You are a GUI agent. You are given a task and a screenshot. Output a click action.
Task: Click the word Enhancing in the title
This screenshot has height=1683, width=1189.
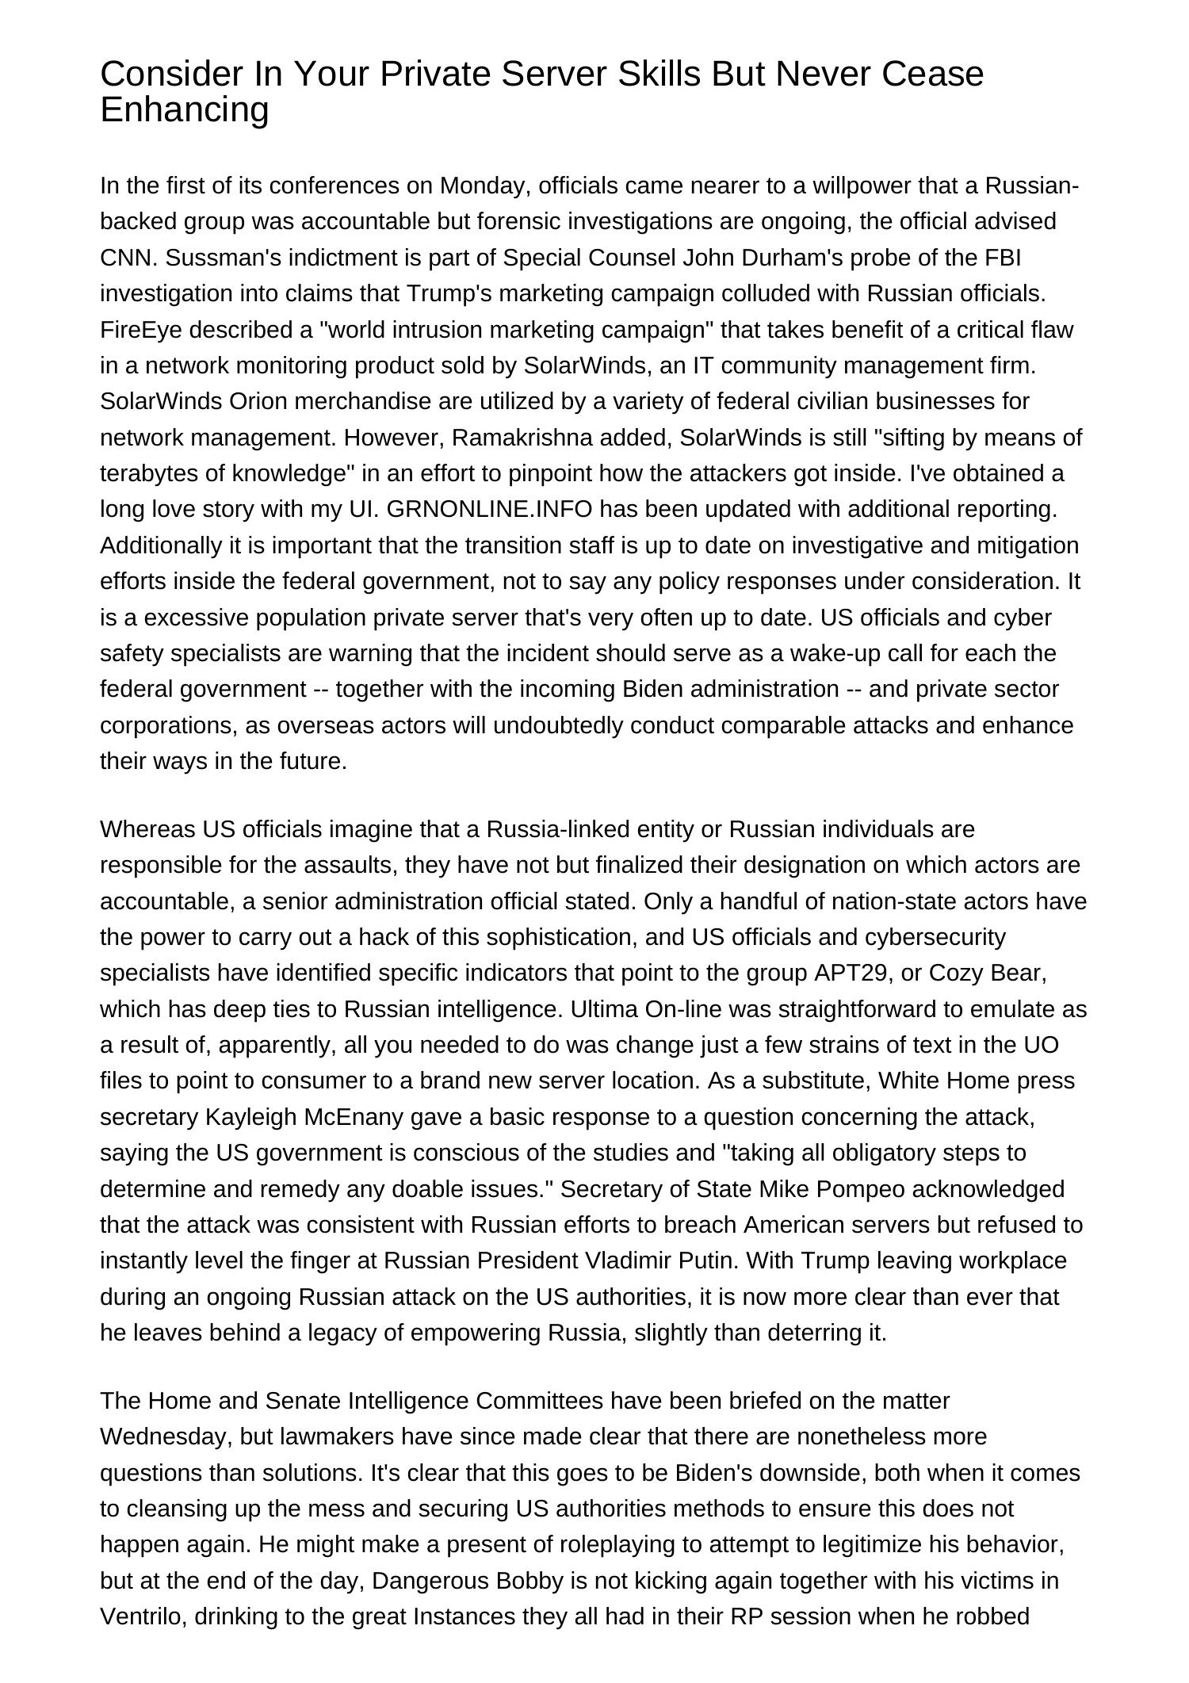[185, 110]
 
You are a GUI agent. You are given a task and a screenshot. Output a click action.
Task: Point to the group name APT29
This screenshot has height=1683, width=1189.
[850, 973]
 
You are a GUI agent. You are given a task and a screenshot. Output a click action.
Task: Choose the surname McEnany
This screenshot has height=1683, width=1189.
[351, 1117]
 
